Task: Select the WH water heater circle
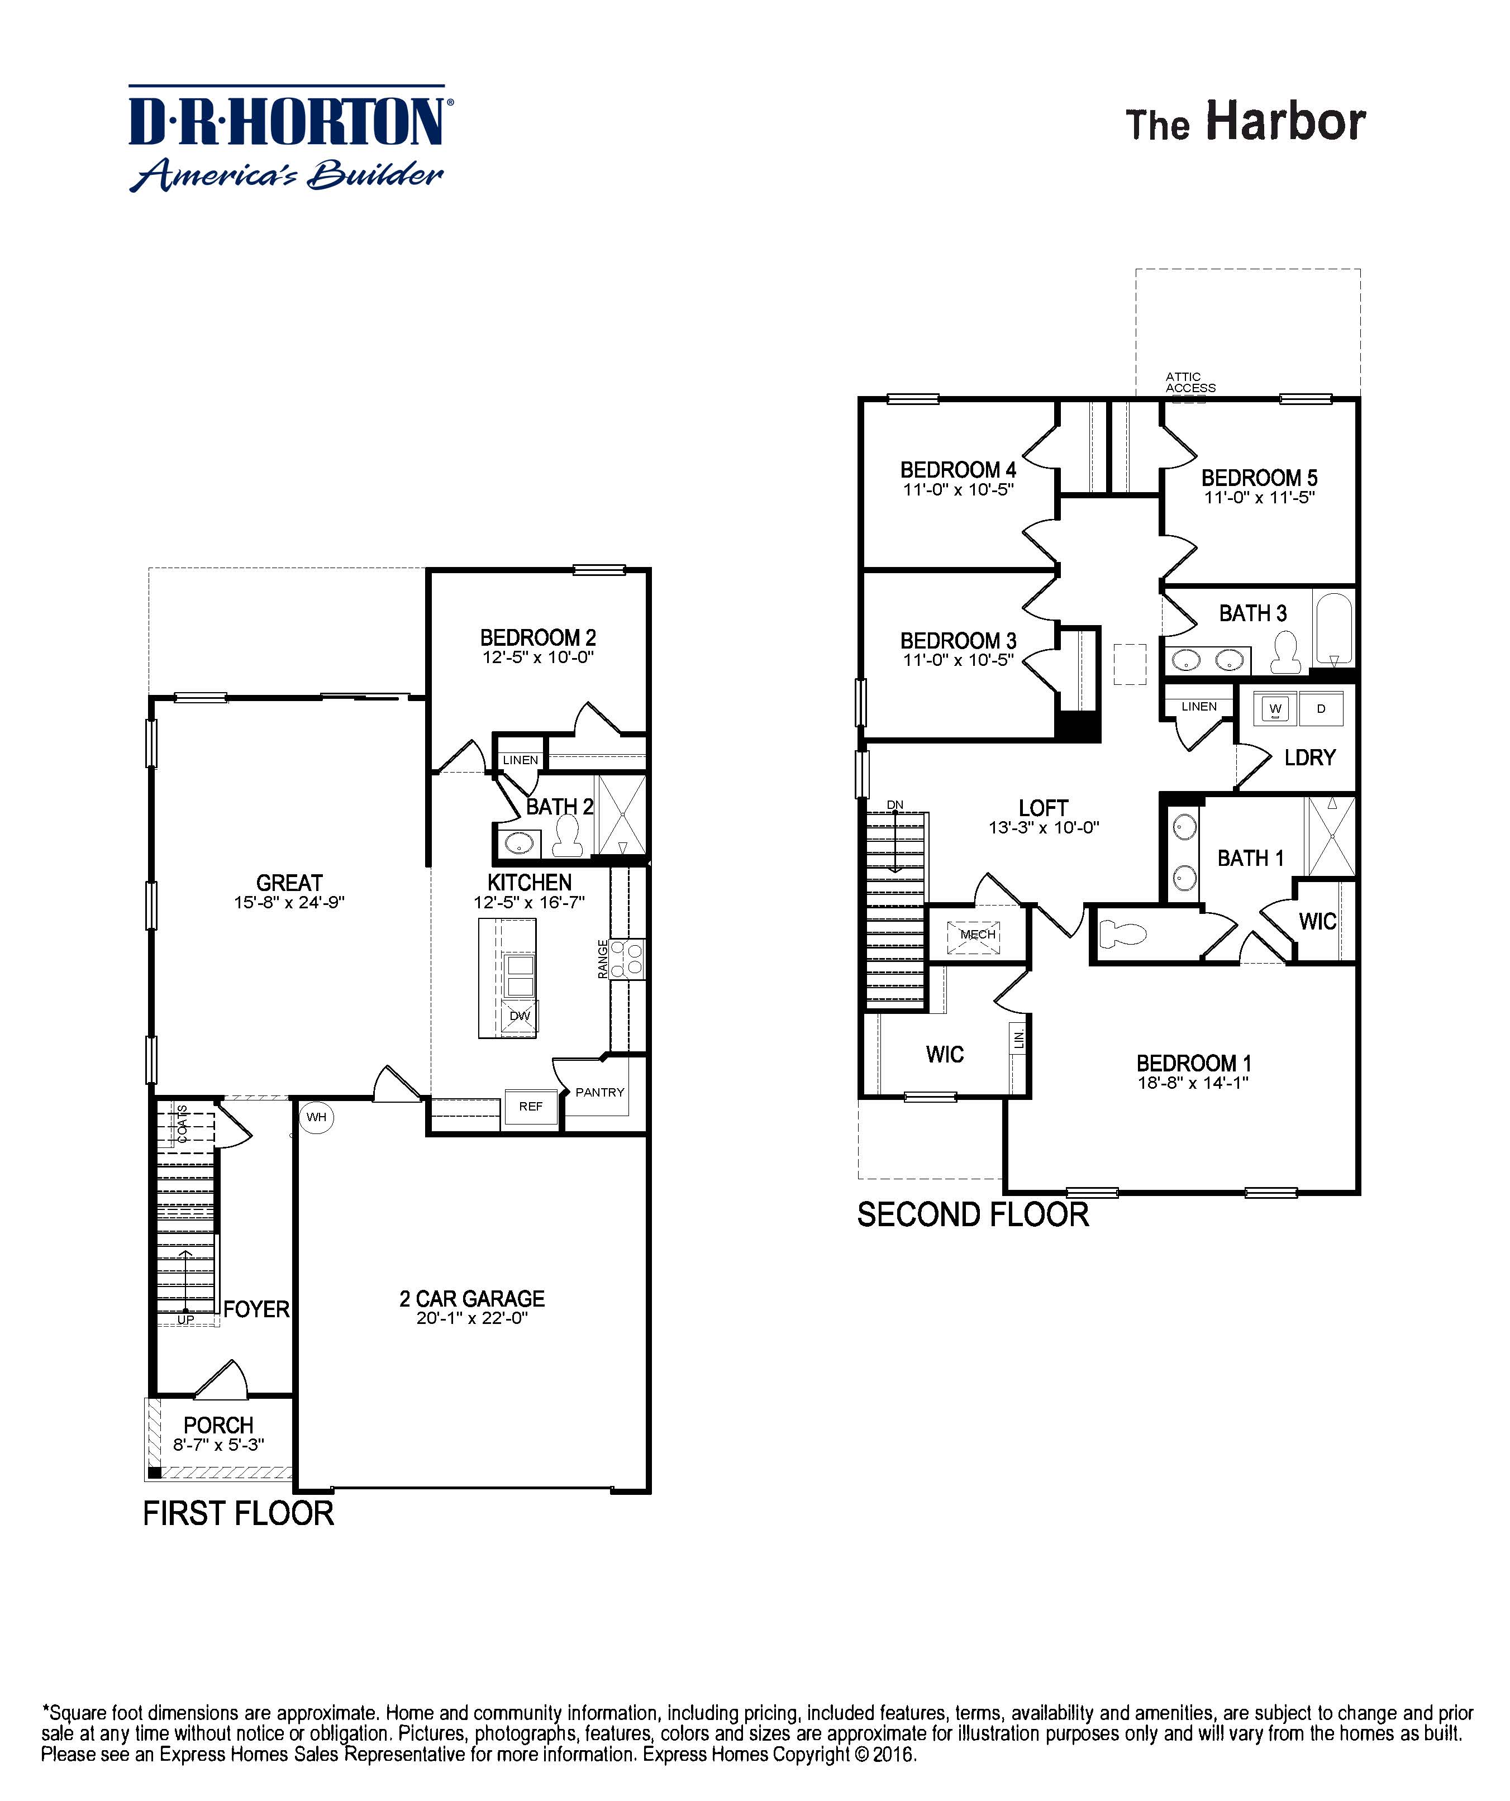(x=316, y=1117)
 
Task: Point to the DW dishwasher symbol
(x=520, y=1016)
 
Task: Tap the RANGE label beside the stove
(x=603, y=959)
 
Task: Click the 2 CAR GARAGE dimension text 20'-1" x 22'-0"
(x=471, y=1318)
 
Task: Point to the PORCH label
(x=218, y=1426)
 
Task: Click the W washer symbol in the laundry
(x=1275, y=708)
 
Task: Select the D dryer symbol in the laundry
(x=1321, y=708)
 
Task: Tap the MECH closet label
(x=978, y=934)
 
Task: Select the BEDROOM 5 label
(x=1259, y=478)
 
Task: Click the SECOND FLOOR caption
(x=973, y=1215)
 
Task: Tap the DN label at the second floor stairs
(x=894, y=804)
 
